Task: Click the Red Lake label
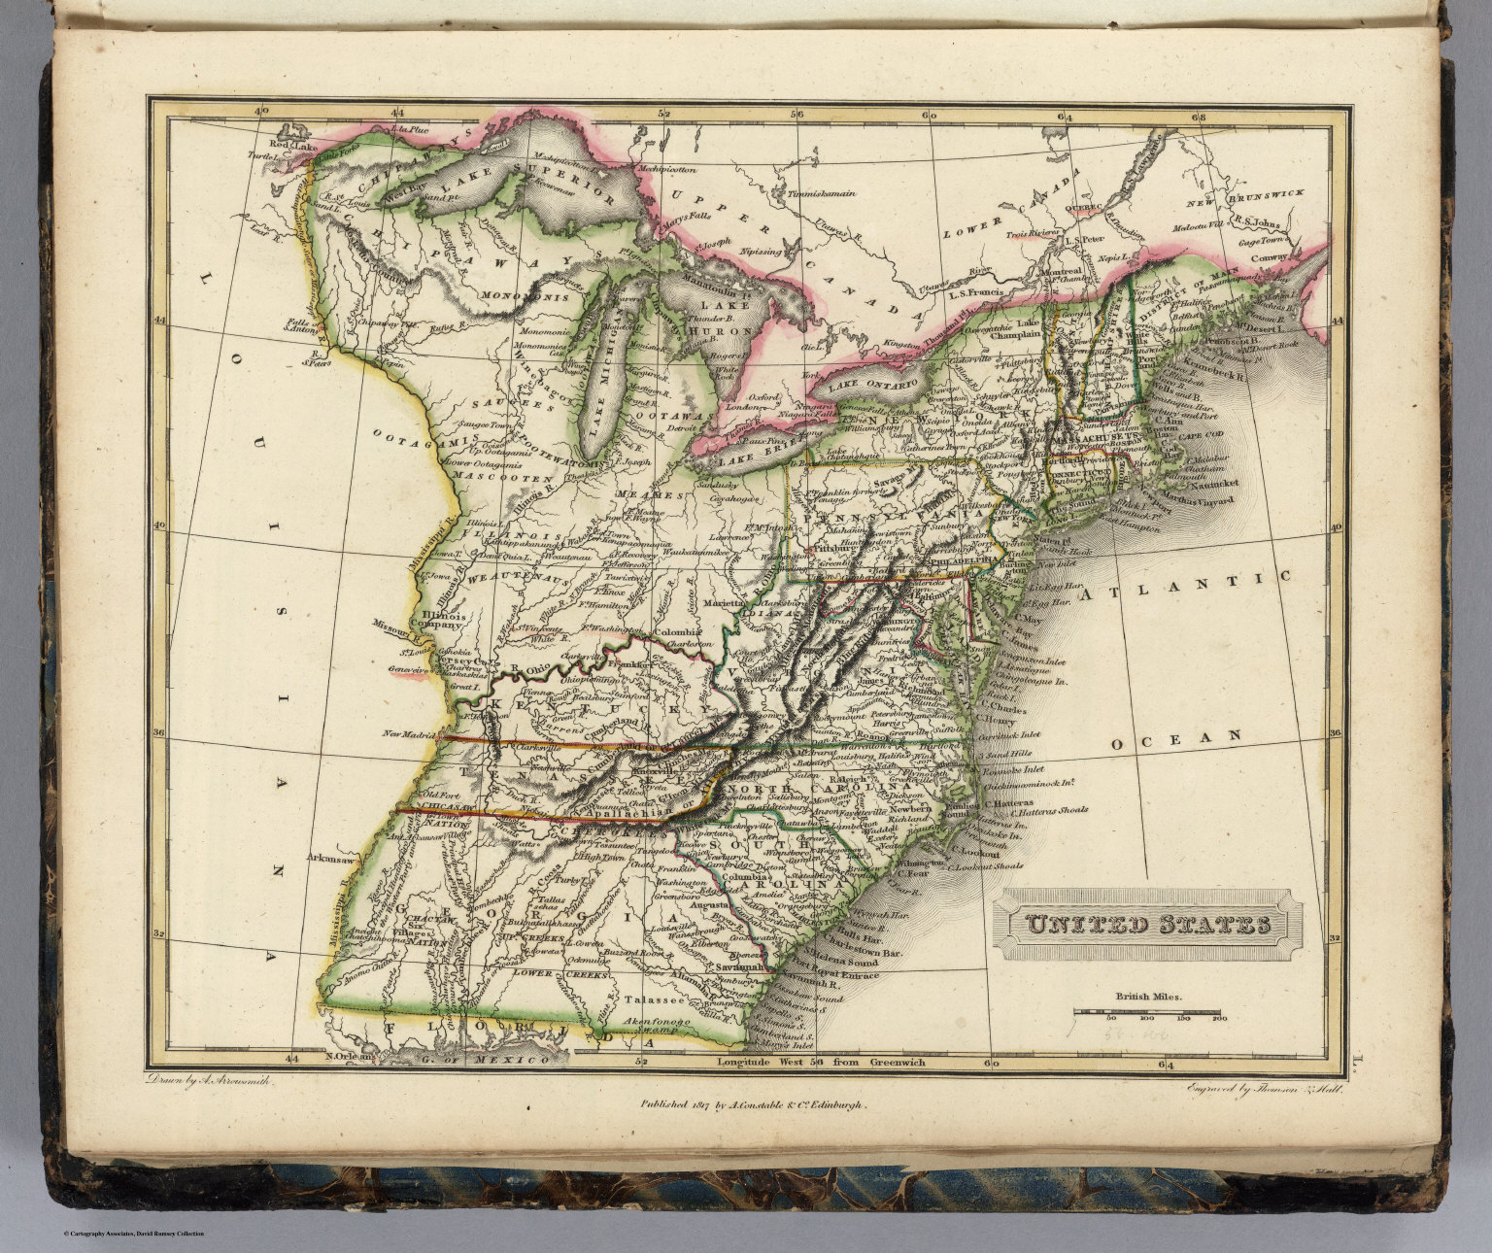pos(292,147)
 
